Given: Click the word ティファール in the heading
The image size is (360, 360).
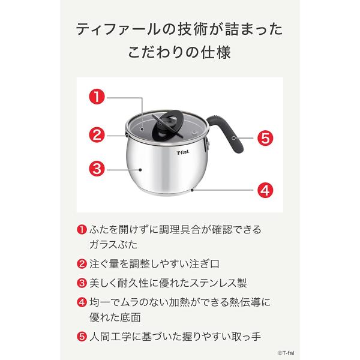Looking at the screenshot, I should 110,28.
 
